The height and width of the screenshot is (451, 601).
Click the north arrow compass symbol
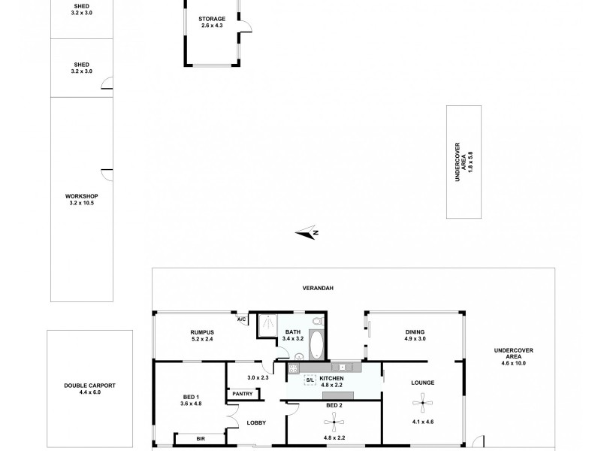308,233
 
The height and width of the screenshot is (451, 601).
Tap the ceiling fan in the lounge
423,404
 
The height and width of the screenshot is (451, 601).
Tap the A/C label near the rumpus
241,319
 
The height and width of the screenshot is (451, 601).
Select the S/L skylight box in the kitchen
310,380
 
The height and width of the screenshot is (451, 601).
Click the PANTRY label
242,393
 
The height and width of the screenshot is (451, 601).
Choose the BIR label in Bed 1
201,437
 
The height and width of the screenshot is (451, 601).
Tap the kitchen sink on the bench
342,367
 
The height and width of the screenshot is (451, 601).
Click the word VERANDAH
317,288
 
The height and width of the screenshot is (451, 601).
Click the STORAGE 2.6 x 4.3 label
212,22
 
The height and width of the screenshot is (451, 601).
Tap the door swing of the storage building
244,29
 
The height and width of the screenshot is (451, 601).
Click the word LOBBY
257,423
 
